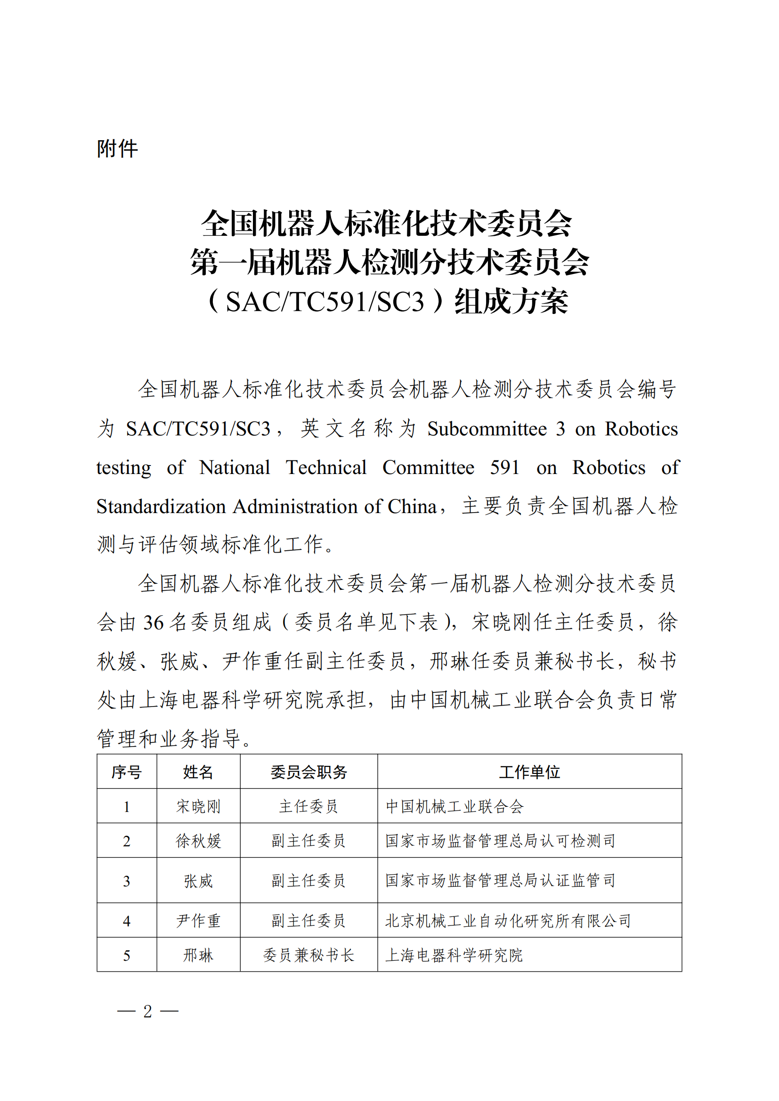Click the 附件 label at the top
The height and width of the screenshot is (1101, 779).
pos(118,149)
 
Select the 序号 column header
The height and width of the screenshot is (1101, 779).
pos(127,772)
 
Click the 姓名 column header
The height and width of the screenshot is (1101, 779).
pos(198,772)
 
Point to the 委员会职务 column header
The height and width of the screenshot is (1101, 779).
pos(308,772)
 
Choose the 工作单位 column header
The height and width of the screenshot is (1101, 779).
pos(529,772)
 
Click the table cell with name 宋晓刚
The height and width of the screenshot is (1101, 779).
pos(198,807)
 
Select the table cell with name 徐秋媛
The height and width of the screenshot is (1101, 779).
pos(198,841)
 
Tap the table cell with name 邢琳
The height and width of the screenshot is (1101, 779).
pos(198,955)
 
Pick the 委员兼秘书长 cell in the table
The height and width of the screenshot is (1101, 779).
pos(308,955)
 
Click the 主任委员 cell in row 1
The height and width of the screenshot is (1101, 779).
pos(308,807)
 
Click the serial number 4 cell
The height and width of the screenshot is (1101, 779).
pos(127,921)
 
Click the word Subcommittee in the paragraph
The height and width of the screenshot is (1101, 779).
pos(487,429)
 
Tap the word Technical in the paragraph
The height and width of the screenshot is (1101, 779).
pos(326,467)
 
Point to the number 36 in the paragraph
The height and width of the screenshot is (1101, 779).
pos(154,622)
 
